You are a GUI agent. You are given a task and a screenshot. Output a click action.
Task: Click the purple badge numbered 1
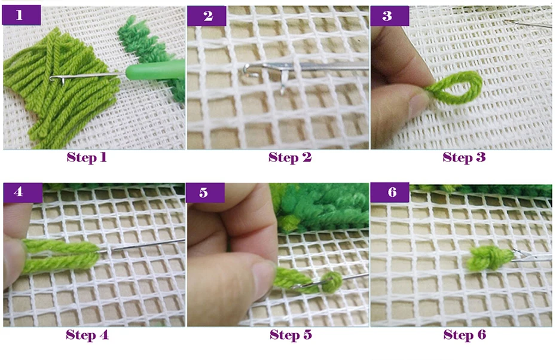(x=22, y=16)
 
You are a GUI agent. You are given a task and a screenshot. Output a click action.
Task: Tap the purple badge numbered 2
(x=207, y=16)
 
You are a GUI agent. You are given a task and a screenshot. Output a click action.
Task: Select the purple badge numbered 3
(x=390, y=16)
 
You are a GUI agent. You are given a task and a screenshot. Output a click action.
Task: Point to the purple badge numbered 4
(x=23, y=193)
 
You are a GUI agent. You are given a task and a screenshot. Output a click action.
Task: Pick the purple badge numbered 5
(x=205, y=193)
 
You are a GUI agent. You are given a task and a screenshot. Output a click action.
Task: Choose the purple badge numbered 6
(x=390, y=193)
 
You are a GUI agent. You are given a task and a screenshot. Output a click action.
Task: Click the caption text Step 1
(x=87, y=157)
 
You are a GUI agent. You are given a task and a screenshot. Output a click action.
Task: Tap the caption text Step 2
(x=290, y=157)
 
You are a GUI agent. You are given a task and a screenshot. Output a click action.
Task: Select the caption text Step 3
(x=464, y=157)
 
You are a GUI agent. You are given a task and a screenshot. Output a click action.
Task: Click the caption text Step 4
(x=87, y=335)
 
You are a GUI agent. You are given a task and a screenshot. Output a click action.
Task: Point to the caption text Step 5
(x=291, y=335)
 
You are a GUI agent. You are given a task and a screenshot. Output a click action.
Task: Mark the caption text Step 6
(x=465, y=335)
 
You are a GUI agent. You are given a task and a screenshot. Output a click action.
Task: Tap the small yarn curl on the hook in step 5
(x=332, y=282)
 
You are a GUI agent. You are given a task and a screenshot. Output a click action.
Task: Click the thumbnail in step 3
(x=418, y=104)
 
